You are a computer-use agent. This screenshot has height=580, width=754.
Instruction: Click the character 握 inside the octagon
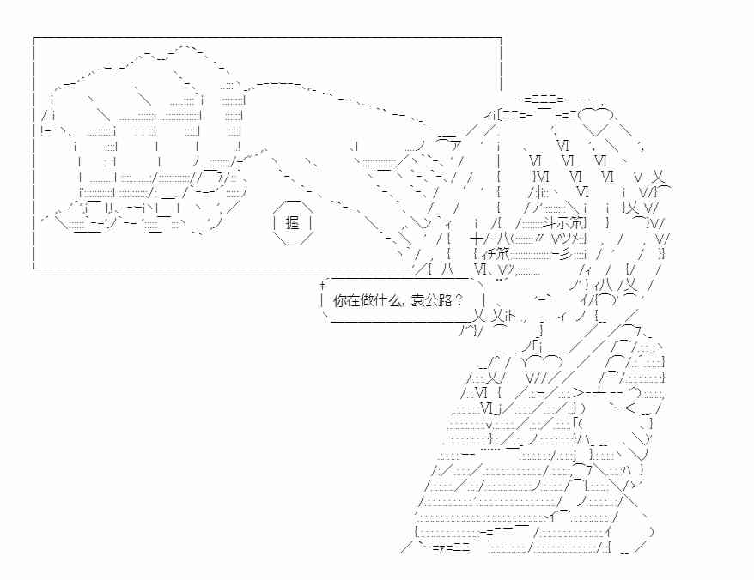(292, 222)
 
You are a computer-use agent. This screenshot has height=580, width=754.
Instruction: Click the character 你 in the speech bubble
(340, 301)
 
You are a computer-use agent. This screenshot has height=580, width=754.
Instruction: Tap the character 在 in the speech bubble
(353, 301)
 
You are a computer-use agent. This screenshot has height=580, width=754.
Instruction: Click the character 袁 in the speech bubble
(417, 301)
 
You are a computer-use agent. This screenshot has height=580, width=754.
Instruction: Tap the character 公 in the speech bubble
(431, 301)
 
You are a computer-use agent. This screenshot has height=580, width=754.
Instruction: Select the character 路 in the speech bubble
(444, 301)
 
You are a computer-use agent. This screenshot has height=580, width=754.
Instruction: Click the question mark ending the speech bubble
(458, 301)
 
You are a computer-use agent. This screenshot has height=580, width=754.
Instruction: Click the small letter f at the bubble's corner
(323, 286)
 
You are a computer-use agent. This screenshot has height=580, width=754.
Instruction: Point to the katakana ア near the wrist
(455, 146)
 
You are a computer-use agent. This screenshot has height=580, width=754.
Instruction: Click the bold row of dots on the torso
(491, 450)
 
